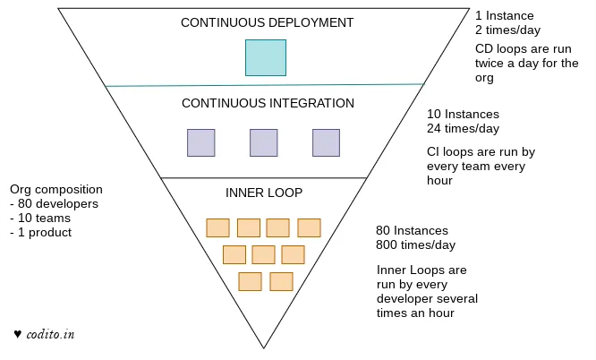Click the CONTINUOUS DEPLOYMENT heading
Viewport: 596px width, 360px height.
[267, 22]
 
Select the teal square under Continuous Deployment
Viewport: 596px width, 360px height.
[266, 57]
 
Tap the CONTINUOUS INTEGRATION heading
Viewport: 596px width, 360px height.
[268, 103]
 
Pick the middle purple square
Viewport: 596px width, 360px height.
[263, 143]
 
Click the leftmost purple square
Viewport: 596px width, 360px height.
[200, 143]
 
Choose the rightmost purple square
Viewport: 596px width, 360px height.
[326, 143]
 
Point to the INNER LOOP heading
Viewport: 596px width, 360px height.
[264, 193]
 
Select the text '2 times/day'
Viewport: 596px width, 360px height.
[508, 30]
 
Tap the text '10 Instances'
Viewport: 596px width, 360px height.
[463, 115]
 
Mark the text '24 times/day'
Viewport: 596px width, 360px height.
[463, 128]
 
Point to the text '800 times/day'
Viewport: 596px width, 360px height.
[416, 244]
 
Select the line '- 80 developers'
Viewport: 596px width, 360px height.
[54, 204]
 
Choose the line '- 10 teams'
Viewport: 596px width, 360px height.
[40, 219]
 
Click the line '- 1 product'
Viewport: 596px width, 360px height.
[41, 233]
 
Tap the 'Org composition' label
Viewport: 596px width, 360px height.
[55, 190]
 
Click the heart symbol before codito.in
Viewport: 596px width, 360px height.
[17, 334]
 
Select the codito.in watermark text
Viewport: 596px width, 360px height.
[50, 334]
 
